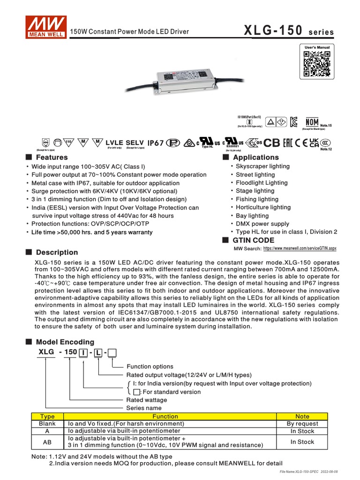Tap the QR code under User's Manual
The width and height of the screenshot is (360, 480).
tap(317, 64)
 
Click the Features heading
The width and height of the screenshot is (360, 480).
tap(52, 157)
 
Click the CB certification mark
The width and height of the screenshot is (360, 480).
tap(272, 143)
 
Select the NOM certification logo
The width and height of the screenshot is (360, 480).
tap(312, 122)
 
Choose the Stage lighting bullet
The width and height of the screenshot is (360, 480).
tap(255, 191)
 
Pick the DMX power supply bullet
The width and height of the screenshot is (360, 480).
tap(262, 224)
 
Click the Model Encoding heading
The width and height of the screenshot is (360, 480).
tap(65, 342)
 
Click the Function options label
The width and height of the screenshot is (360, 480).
tap(150, 367)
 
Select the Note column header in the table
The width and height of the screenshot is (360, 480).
tap(302, 416)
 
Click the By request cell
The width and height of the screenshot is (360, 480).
tap(302, 423)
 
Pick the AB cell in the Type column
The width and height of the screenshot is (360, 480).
tap(47, 442)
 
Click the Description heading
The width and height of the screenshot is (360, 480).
tap(57, 252)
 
